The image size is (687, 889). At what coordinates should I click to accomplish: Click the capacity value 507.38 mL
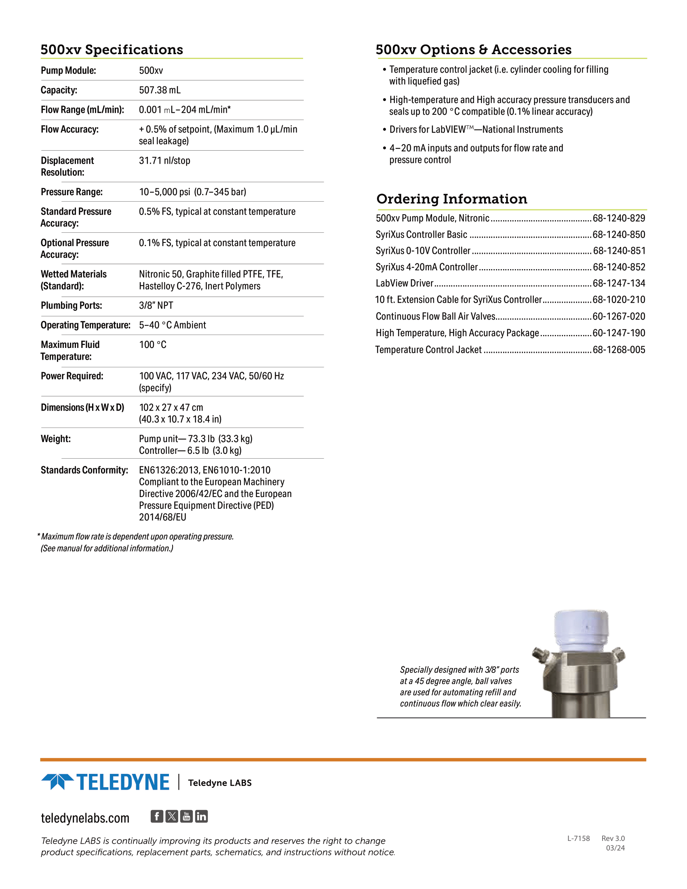click(160, 90)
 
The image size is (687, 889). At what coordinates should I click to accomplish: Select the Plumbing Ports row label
click(71, 305)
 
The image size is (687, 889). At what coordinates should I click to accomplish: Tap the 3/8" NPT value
click(156, 305)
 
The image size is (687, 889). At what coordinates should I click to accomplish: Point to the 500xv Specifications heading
click(112, 50)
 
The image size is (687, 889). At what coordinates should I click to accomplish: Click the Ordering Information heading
click(451, 199)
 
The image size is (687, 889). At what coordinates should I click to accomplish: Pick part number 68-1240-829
click(619, 218)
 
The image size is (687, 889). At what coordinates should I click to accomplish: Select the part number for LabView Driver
click(619, 283)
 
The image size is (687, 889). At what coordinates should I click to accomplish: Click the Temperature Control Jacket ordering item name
click(428, 350)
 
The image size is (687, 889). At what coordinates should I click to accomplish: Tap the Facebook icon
click(157, 816)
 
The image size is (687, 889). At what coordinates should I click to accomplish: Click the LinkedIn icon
click(202, 816)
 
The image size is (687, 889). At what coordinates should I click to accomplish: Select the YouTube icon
click(186, 816)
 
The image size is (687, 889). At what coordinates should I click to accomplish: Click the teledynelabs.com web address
click(85, 818)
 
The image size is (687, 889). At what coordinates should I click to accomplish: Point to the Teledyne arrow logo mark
click(57, 782)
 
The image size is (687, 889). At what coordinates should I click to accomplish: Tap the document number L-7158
click(578, 838)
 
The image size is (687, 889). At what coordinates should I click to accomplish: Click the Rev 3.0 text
click(613, 838)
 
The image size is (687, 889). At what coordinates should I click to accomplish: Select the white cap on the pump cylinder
click(581, 629)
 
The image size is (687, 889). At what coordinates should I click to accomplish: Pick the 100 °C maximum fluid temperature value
click(153, 345)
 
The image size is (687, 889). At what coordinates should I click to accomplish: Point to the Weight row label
click(56, 439)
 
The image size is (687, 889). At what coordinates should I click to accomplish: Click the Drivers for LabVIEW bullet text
click(476, 129)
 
